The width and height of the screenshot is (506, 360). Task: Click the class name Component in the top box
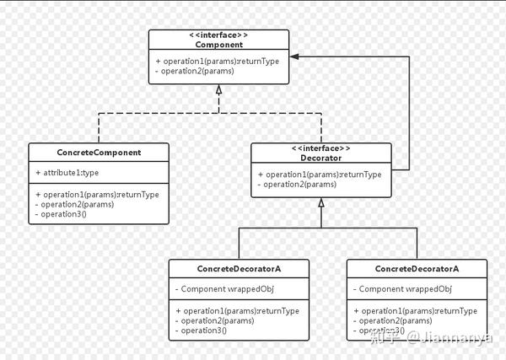(x=218, y=45)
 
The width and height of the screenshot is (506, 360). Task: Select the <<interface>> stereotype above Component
(x=218, y=35)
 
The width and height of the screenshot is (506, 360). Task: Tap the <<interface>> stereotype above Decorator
(x=321, y=148)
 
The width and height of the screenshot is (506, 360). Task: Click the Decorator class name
(x=321, y=158)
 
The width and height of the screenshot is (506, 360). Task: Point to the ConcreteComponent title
(x=99, y=153)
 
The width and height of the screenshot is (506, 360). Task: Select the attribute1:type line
(x=67, y=173)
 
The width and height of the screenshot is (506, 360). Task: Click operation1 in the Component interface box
(x=218, y=62)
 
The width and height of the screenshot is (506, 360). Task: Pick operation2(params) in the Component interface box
(x=195, y=71)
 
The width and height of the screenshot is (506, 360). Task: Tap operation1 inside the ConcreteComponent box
(x=97, y=195)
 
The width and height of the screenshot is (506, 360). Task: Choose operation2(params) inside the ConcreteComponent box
(x=74, y=204)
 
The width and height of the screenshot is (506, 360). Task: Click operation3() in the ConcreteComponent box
(x=61, y=214)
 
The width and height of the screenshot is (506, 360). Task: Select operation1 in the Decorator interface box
(x=320, y=175)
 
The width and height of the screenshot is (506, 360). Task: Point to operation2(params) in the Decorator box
(x=297, y=184)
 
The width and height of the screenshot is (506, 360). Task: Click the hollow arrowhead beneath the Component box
(x=218, y=89)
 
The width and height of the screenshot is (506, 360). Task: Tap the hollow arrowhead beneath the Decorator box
(x=321, y=202)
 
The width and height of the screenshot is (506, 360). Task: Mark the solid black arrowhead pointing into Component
(x=294, y=56)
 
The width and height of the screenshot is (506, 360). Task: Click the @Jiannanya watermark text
(x=449, y=338)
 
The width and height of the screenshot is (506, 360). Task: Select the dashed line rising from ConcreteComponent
(x=99, y=128)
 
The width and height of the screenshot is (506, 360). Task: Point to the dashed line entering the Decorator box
(x=321, y=128)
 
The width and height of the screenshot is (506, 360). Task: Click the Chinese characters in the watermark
(x=385, y=337)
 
